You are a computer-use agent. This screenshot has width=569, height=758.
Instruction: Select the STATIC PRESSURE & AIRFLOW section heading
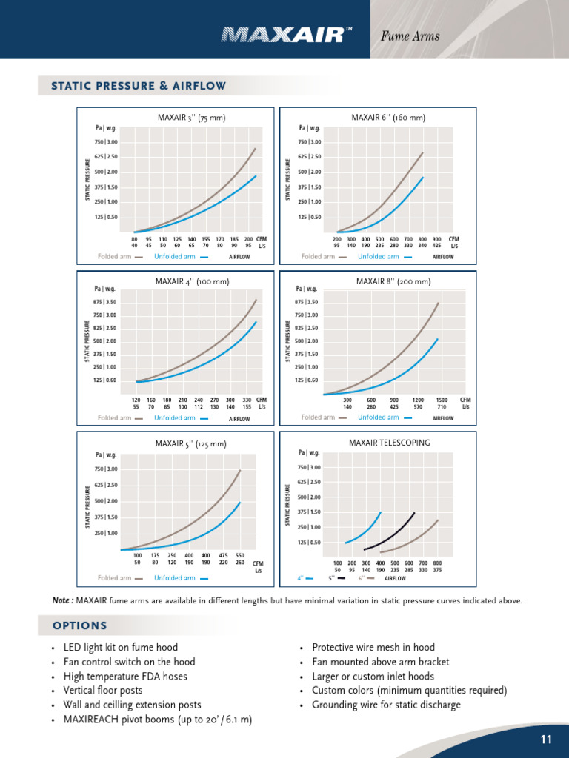tap(139, 86)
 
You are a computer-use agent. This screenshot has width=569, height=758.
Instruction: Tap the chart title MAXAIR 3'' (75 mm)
tap(191, 118)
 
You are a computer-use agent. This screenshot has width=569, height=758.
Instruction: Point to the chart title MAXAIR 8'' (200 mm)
tap(393, 281)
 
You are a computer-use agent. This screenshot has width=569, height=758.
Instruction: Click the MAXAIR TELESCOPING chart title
tap(389, 443)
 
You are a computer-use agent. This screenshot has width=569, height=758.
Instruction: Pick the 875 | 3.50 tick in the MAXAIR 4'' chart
tap(105, 302)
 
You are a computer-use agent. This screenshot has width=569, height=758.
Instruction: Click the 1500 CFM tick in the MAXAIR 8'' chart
tap(442, 400)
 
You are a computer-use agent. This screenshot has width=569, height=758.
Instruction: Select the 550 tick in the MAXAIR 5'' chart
tap(240, 555)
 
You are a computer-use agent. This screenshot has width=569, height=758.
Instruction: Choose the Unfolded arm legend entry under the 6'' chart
tap(378, 257)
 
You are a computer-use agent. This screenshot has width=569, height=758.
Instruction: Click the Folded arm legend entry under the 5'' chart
tap(114, 578)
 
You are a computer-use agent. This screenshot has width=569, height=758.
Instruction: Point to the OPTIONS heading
tap(80, 626)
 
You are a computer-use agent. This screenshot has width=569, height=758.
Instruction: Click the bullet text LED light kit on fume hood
tap(121, 648)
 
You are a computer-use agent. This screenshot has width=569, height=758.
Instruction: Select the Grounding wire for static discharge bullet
tap(386, 705)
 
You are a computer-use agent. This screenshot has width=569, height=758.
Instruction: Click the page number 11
tap(546, 739)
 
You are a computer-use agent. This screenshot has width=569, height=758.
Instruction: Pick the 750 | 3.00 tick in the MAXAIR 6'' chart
tap(309, 142)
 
